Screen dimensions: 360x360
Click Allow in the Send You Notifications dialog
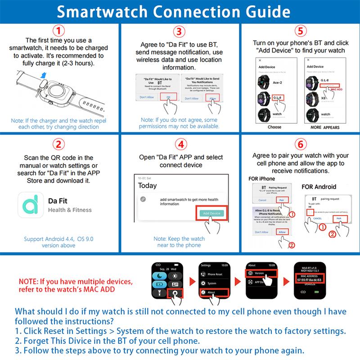213,98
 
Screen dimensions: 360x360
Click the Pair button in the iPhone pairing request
281,199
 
